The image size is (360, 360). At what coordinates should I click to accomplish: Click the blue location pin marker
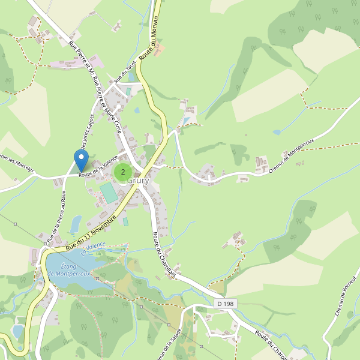coord(81,160)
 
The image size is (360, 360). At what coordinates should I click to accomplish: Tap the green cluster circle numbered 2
coord(123,172)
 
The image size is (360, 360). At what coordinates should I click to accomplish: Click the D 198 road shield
coord(224,304)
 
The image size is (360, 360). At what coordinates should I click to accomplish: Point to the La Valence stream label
coord(94,247)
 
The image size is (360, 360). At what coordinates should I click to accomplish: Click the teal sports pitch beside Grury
coord(109,193)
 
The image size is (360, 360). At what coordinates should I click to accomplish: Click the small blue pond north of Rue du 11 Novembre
coord(76,223)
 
